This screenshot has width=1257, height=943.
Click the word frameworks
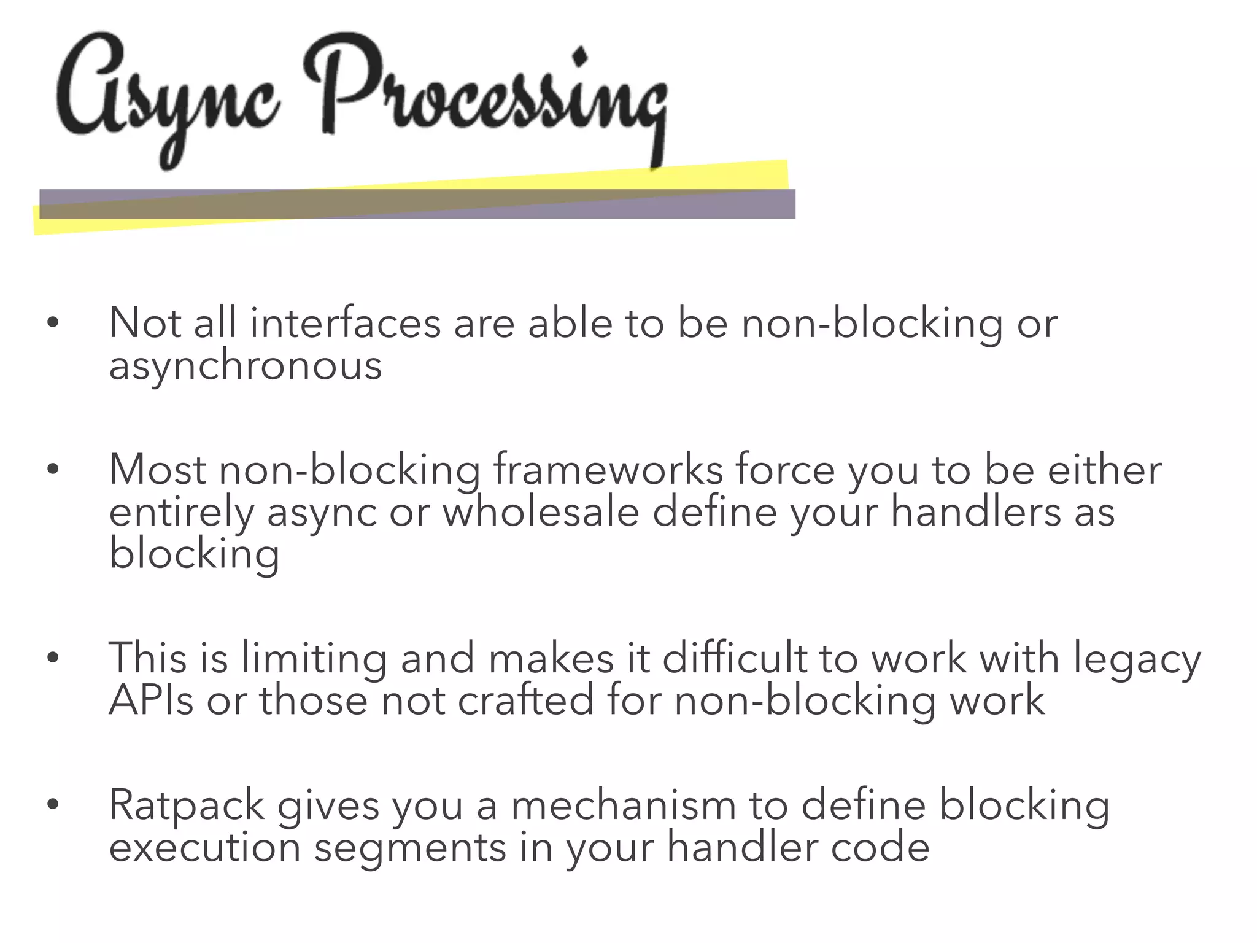pos(608,470)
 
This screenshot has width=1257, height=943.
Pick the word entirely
pos(181,513)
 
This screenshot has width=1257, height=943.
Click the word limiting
pos(314,659)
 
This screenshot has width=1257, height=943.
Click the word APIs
pos(151,700)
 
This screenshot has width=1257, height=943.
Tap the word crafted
pos(525,700)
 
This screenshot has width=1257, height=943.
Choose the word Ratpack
pos(187,805)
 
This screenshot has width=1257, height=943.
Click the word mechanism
pos(623,805)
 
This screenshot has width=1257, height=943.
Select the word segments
pos(410,848)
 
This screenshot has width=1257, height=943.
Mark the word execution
pos(205,848)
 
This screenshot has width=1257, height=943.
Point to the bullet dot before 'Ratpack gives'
pos(53,804)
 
